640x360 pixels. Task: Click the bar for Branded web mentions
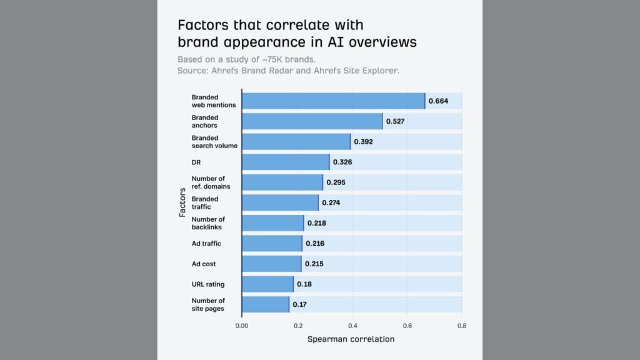click(x=333, y=101)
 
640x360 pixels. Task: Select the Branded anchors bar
click(x=312, y=121)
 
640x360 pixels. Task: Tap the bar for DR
click(x=285, y=162)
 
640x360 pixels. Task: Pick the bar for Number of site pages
click(x=265, y=304)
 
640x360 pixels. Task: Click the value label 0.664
click(x=438, y=101)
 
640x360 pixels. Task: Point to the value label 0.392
click(x=363, y=142)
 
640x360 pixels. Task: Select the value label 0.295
click(x=336, y=182)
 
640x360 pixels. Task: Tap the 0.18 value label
click(x=304, y=284)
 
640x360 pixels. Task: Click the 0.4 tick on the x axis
click(x=352, y=325)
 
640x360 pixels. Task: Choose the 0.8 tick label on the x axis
click(x=462, y=325)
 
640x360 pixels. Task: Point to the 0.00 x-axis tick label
click(x=242, y=325)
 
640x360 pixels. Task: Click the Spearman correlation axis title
click(x=351, y=339)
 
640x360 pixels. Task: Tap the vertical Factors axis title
click(x=182, y=202)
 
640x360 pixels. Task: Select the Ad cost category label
click(x=204, y=264)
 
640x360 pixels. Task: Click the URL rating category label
click(x=208, y=284)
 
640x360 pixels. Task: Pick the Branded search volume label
click(x=214, y=142)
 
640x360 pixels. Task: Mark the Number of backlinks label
click(x=208, y=223)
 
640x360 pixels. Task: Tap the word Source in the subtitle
click(x=192, y=71)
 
